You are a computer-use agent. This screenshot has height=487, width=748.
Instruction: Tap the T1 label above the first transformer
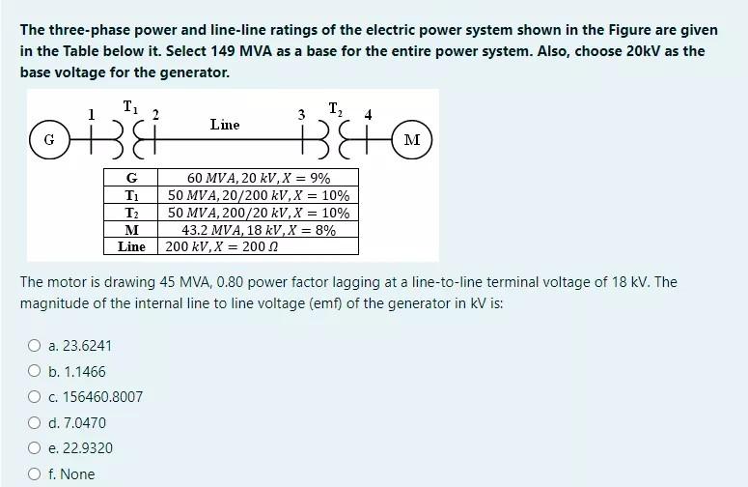pos(128,107)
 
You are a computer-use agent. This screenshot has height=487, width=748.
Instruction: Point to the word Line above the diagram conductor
pos(225,124)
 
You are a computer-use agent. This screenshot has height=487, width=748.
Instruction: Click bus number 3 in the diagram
pos(301,115)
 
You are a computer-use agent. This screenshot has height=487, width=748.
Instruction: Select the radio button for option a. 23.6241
pos(34,346)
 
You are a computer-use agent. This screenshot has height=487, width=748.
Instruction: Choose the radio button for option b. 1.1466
pos(34,372)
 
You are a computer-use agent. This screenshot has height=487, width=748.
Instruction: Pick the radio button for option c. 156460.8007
pos(34,397)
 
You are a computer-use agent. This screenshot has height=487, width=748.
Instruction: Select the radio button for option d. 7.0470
pos(34,423)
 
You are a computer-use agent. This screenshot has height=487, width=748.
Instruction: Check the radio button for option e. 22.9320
pos(34,448)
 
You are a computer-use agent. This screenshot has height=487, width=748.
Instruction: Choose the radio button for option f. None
pos(34,474)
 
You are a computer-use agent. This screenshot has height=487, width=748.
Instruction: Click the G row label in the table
pos(131,178)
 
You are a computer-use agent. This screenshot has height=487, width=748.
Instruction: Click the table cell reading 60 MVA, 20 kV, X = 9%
pos(259,178)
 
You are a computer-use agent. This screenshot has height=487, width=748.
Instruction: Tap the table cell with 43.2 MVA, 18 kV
pos(259,230)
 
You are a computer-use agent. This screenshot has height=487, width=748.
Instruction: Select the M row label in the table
pos(131,230)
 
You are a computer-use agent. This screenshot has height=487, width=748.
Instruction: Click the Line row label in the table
pos(131,246)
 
